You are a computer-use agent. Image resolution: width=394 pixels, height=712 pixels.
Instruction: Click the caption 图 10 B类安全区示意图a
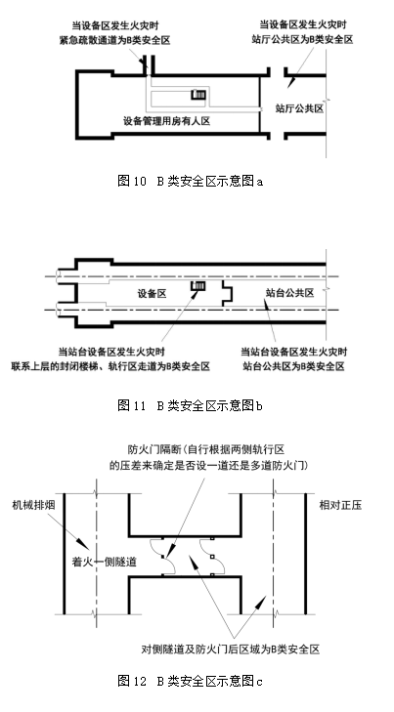point(190,182)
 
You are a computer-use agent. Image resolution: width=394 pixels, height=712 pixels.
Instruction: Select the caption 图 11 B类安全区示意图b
point(190,405)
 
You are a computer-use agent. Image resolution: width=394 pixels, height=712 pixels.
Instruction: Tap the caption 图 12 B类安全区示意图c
point(190,681)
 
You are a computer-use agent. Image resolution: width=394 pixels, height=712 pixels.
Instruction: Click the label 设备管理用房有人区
point(167,121)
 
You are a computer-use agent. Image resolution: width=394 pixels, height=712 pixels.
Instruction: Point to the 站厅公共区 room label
point(299,108)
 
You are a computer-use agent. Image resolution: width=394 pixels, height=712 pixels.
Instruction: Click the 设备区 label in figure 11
point(153,293)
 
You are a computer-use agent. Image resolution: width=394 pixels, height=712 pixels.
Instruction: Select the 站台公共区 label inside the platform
point(290,293)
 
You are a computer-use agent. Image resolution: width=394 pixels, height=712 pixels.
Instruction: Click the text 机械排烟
point(33,505)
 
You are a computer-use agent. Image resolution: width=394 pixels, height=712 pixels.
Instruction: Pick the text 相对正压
point(341,505)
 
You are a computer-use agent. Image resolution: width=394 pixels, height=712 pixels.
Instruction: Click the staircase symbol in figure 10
point(198,95)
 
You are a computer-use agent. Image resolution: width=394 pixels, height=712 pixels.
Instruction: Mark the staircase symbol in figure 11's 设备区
point(198,286)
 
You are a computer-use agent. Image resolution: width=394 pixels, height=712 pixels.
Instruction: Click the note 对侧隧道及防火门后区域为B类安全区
point(231,649)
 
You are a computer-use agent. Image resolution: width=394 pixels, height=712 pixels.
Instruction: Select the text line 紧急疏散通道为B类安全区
point(114,40)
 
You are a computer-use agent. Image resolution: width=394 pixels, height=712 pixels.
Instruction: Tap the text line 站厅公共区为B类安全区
point(303,39)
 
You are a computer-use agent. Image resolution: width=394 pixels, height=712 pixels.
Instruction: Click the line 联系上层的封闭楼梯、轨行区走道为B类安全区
point(110,366)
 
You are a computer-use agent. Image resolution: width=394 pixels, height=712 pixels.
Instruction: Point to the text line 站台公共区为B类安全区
point(293,366)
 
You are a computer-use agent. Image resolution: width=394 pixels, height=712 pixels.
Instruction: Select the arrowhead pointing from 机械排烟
point(83,543)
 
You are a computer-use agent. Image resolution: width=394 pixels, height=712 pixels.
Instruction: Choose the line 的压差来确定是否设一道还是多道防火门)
point(208,466)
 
